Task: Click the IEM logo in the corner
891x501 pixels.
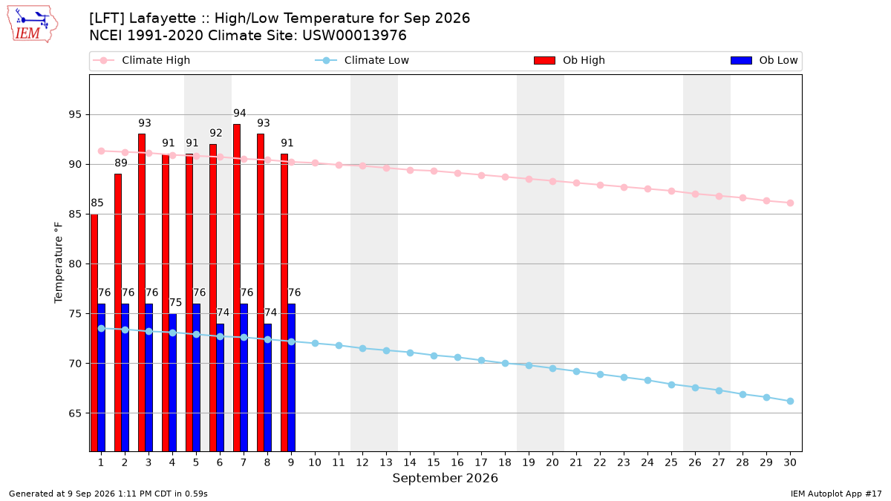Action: point(32,24)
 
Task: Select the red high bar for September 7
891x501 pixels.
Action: point(237,288)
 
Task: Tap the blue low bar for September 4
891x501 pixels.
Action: point(172,382)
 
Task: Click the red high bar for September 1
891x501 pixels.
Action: point(94,333)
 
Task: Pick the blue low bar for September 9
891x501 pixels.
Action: point(292,378)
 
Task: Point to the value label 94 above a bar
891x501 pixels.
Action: point(239,114)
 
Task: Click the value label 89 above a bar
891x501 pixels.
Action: point(121,163)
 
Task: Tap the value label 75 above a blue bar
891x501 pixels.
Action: point(175,303)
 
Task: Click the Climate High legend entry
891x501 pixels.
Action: point(141,60)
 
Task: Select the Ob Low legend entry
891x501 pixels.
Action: point(764,60)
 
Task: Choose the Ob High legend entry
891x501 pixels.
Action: point(569,60)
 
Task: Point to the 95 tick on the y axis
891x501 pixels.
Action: point(75,115)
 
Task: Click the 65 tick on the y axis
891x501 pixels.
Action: point(75,413)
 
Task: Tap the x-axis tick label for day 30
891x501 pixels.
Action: point(790,462)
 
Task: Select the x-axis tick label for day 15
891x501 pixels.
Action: point(434,462)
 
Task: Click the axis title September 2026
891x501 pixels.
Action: point(445,478)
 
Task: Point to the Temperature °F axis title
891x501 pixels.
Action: point(59,263)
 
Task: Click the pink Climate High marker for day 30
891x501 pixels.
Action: point(790,203)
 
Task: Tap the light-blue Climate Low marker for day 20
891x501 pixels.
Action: point(552,369)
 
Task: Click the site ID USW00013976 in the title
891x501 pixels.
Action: point(354,36)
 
